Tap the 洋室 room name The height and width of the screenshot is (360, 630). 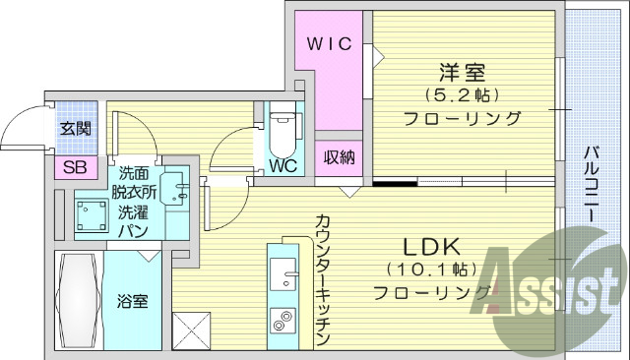[x=462, y=72]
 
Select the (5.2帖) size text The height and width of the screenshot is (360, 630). [x=462, y=95]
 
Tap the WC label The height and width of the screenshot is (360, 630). [x=283, y=165]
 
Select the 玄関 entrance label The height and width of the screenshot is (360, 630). [x=75, y=128]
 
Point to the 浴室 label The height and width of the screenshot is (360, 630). [x=133, y=300]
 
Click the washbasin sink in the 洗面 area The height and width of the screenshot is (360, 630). [x=177, y=187]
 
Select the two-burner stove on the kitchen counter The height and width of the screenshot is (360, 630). [x=283, y=319]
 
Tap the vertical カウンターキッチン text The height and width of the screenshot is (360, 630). [x=322, y=280]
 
